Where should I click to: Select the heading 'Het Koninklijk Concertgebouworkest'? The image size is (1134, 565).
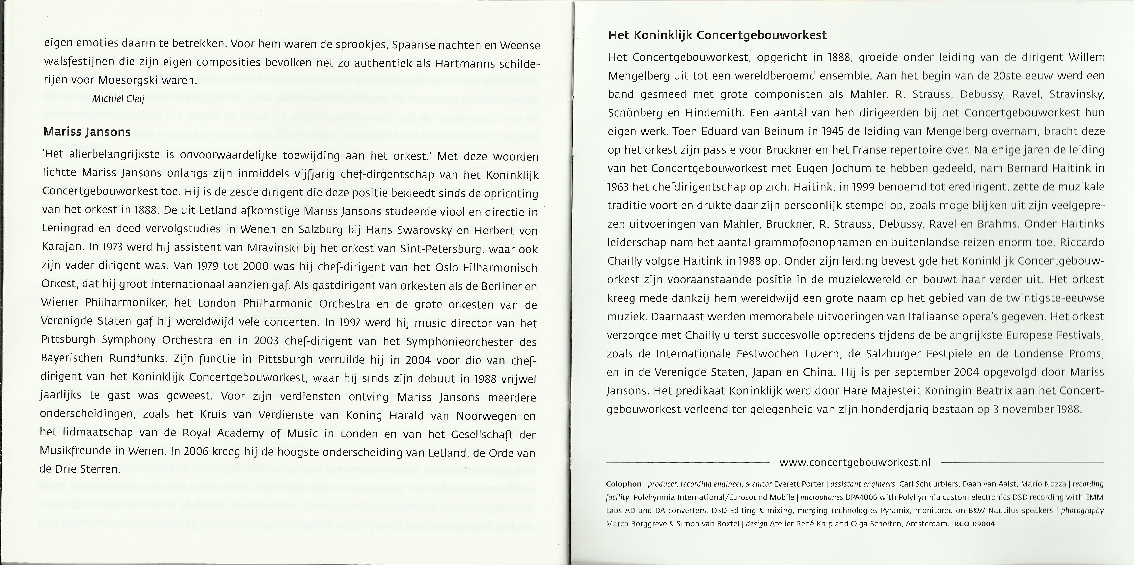pos(717,35)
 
